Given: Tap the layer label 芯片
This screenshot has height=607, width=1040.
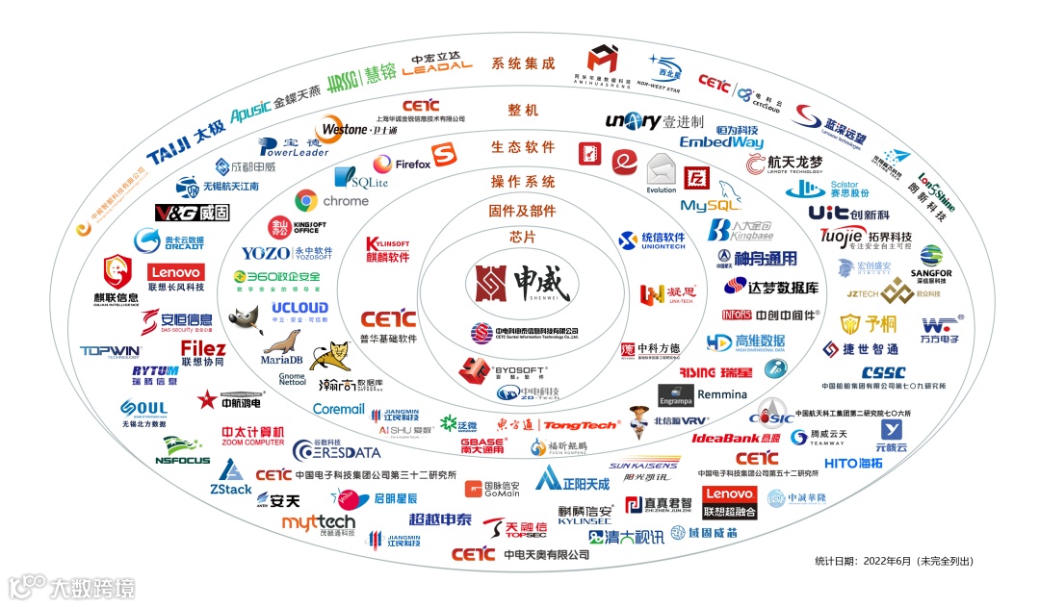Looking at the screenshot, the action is pos(522,237).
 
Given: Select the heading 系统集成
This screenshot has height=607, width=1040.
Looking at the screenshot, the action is pos(523,63).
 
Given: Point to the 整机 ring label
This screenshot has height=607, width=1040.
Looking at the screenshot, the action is pos(523,111).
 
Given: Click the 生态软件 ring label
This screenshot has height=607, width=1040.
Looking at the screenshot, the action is pos(523,147).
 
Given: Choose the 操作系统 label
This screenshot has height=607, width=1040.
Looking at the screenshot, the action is pos(523,182).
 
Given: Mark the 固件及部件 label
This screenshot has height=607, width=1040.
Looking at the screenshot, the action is pos(523,211).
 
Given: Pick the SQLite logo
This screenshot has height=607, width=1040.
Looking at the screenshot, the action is pos(360,178).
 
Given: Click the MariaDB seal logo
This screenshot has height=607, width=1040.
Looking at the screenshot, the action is pos(282,347).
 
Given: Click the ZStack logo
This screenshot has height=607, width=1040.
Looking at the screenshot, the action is pos(231,478).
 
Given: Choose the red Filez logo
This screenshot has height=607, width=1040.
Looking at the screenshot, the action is pos(203,353).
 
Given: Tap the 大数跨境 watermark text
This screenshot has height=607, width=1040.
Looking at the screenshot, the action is pos(92,587).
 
